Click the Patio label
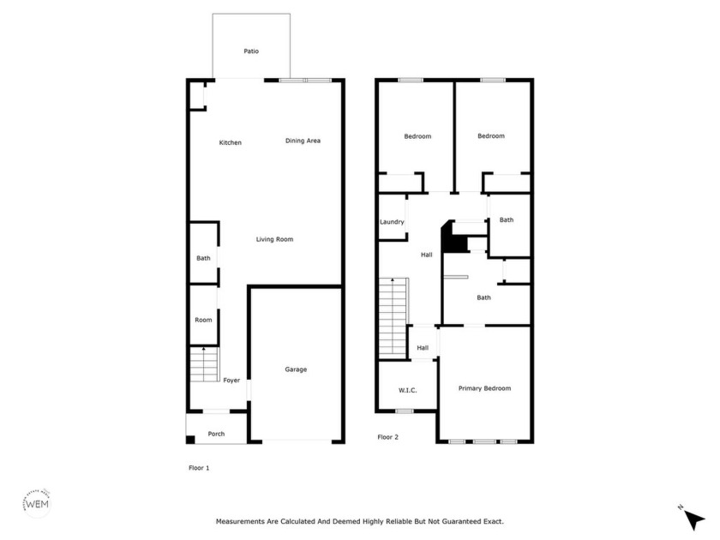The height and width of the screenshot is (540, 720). pos(251,51)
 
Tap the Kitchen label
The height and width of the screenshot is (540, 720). pos(230,143)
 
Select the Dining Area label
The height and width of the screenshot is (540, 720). pos(303,141)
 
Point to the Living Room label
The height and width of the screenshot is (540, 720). pos(274,239)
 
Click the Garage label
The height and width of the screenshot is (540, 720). pos(296,369)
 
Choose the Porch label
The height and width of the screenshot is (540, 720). pos(216,434)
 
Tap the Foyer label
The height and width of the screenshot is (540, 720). pos(231,381)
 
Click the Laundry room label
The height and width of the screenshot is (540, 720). pos(392,222)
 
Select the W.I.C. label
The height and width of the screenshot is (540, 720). pos(408,390)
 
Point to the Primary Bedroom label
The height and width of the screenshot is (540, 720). pos(484,388)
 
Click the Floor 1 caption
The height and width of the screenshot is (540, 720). pos(199,468)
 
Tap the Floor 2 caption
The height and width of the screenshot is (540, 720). pos(388,437)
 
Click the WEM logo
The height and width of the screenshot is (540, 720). pos(37,503)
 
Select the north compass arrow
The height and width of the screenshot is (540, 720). pos(693,519)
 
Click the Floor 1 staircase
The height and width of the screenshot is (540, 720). pos(204,364)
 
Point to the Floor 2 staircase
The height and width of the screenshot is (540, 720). pos(393,318)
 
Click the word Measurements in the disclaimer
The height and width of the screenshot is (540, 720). pos(240,522)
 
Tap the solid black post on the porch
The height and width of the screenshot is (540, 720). pos(190,440)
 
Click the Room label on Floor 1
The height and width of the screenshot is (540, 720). pos(203,320)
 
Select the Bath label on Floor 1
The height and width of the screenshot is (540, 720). pos(203,259)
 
